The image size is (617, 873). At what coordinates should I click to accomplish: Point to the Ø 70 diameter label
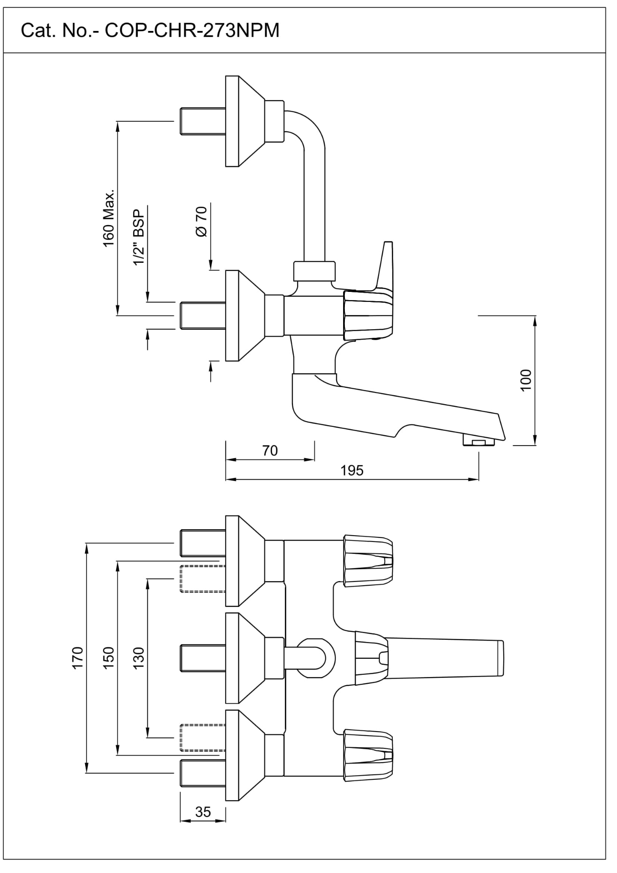[201, 221]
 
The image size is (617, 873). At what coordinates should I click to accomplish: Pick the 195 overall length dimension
[352, 470]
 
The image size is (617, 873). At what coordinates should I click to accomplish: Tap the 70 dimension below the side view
[270, 450]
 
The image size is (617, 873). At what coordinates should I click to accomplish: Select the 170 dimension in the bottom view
[78, 657]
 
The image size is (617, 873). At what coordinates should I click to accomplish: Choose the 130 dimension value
[139, 657]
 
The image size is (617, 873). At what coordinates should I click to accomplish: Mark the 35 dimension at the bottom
[203, 812]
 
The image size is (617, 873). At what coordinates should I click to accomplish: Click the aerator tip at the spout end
[478, 442]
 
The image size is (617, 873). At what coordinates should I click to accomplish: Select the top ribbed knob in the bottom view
[368, 561]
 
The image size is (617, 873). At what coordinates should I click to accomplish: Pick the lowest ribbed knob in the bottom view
[368, 756]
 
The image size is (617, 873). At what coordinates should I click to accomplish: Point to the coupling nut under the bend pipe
[314, 271]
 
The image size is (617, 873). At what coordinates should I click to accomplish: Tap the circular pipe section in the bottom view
[317, 657]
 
